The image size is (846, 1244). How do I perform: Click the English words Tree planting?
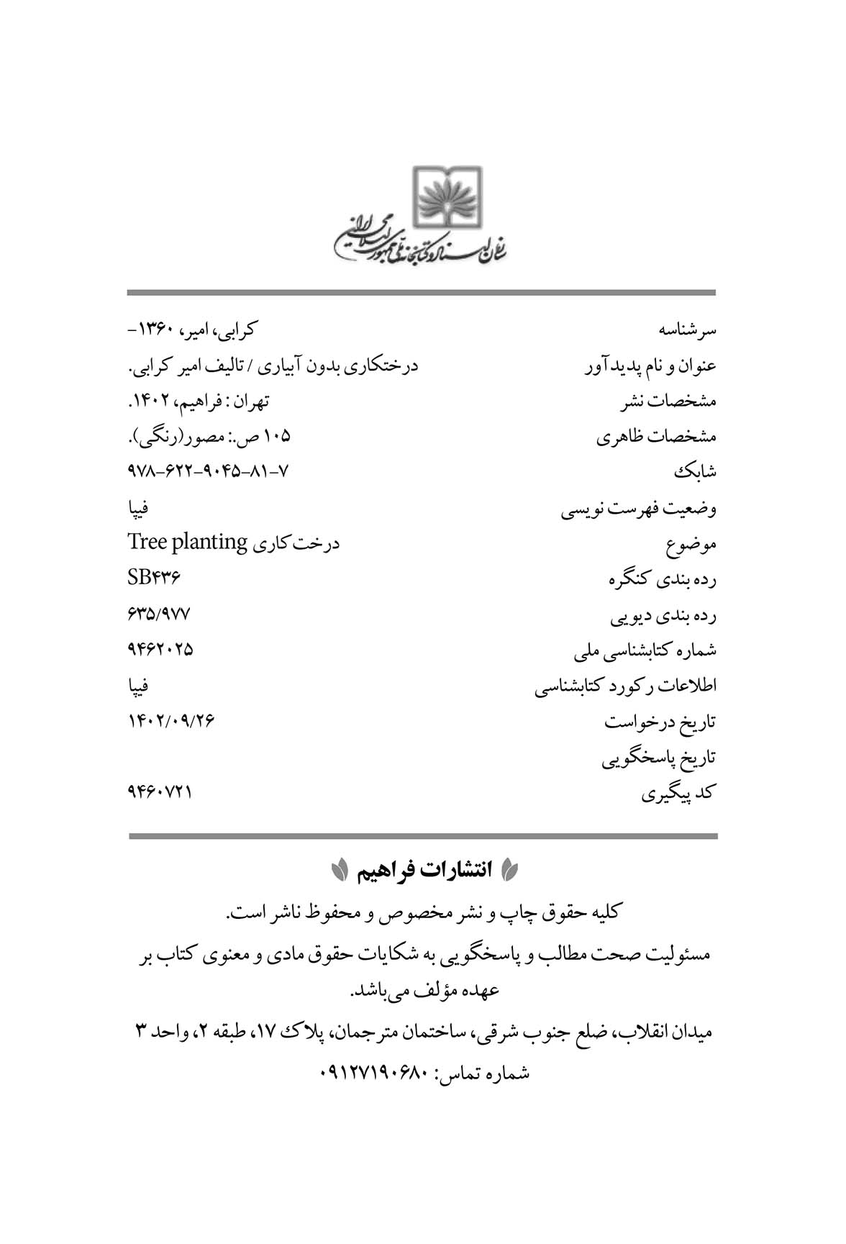(x=188, y=542)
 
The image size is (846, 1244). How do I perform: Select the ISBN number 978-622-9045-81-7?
(x=208, y=471)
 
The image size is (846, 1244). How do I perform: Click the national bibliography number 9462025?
(x=160, y=649)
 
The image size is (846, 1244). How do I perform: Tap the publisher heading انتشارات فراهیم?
(x=422, y=870)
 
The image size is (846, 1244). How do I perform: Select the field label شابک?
(x=695, y=472)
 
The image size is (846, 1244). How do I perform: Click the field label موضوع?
(x=691, y=545)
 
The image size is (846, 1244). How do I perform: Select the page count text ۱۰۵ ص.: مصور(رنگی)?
(x=209, y=437)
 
